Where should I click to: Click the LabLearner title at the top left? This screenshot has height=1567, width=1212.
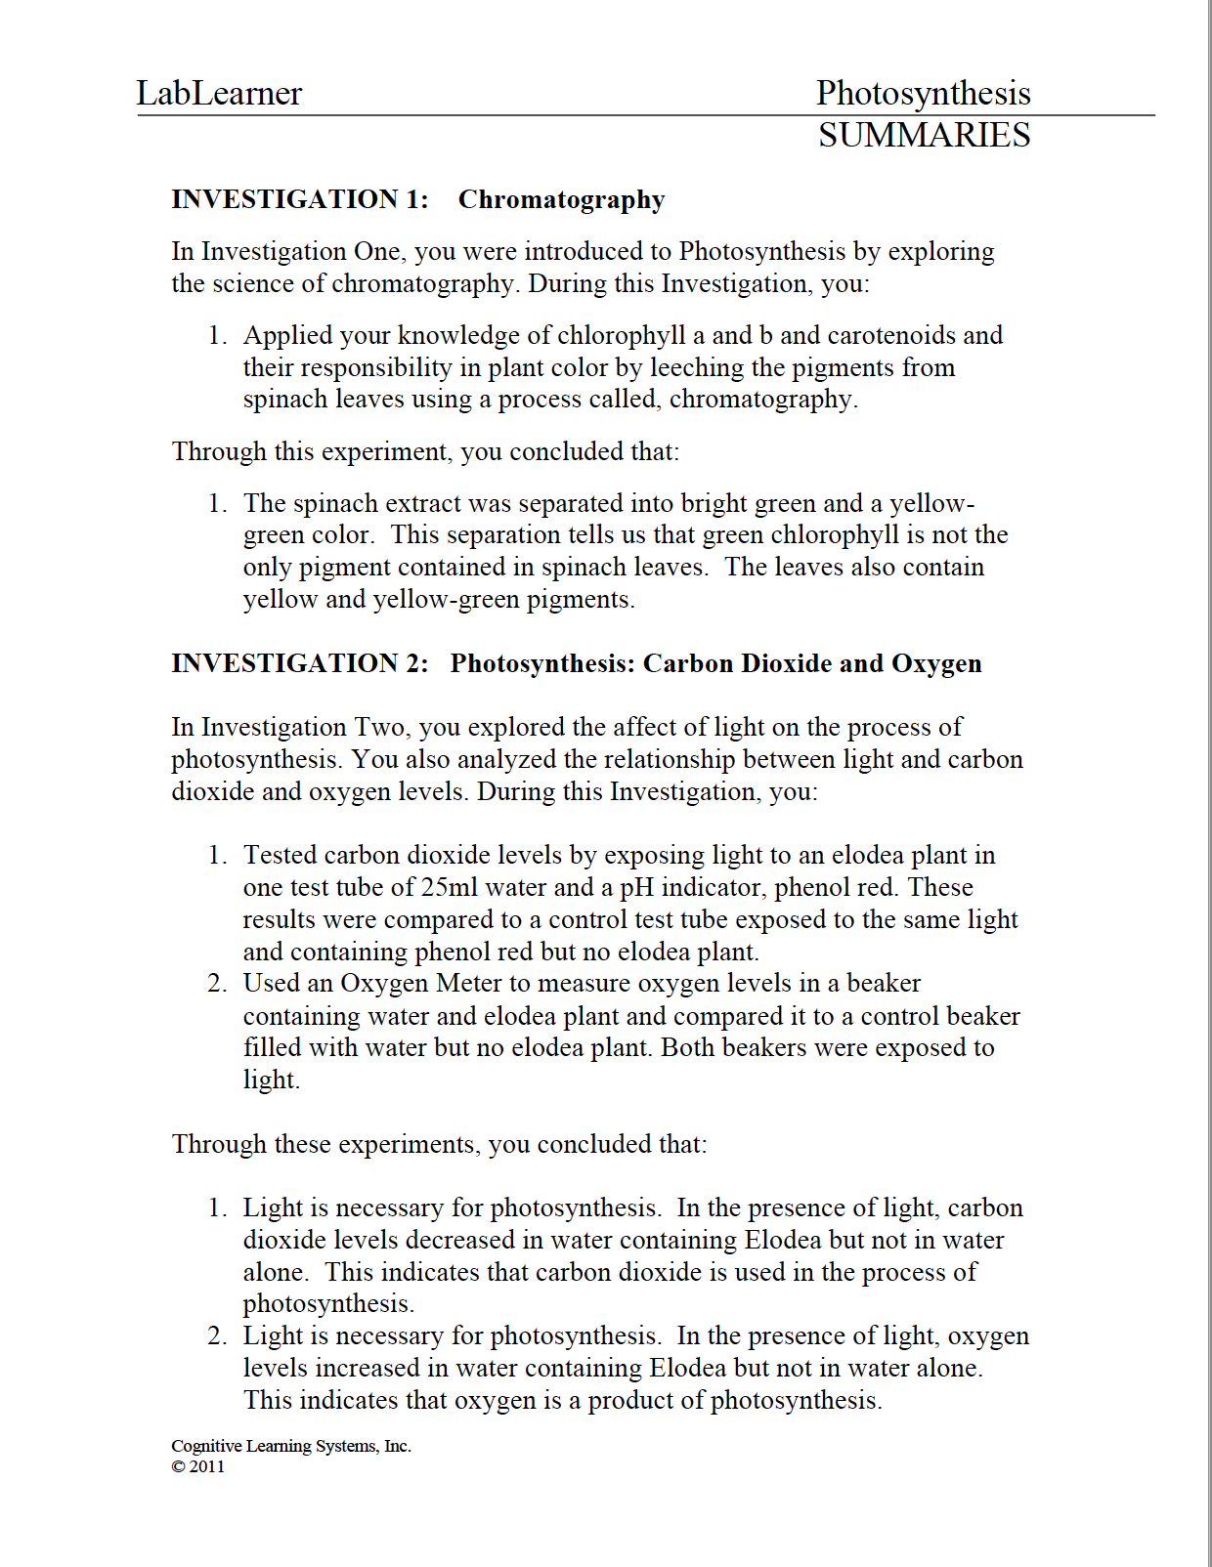(x=219, y=93)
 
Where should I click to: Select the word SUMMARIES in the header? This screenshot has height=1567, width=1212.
(x=924, y=135)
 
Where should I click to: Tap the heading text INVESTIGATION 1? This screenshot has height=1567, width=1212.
(x=300, y=199)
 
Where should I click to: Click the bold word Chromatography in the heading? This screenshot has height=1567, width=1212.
(x=561, y=199)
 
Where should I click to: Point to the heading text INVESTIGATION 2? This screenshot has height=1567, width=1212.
(x=300, y=663)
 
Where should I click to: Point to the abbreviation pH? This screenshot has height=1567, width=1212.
(x=636, y=887)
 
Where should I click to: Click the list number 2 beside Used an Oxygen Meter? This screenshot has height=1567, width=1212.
(x=216, y=983)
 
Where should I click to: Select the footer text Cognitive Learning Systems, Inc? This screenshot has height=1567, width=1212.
(x=291, y=1446)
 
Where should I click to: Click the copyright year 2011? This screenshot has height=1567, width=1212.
(x=207, y=1466)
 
